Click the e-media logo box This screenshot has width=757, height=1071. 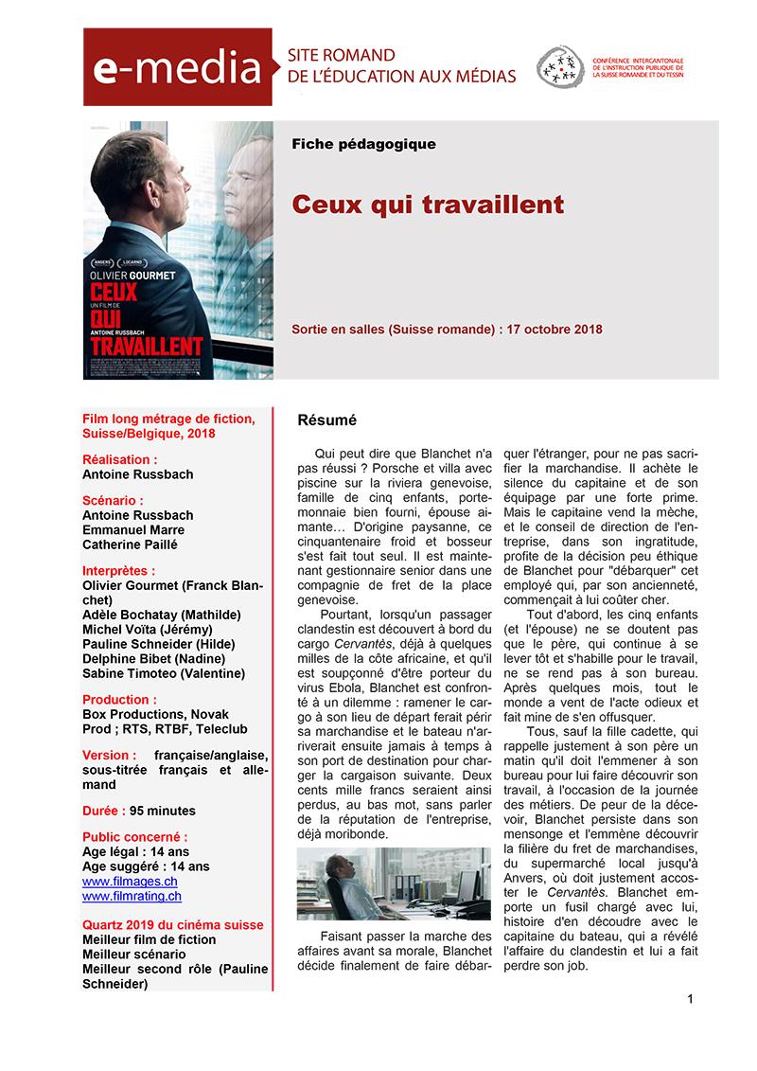(x=177, y=66)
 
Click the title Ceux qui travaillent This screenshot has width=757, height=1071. (x=428, y=205)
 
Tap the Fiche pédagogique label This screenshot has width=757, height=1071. (x=363, y=144)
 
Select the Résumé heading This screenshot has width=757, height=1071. (x=326, y=418)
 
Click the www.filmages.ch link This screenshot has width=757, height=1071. (x=130, y=881)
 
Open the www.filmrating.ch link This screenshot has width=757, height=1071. (x=132, y=895)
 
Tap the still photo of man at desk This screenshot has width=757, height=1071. (x=393, y=884)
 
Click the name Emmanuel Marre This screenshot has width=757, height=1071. (x=133, y=530)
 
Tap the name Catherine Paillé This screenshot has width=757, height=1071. (x=130, y=544)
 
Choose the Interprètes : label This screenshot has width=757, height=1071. (x=119, y=571)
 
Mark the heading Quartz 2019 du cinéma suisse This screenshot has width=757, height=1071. (x=173, y=924)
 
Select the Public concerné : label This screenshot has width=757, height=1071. (x=134, y=837)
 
